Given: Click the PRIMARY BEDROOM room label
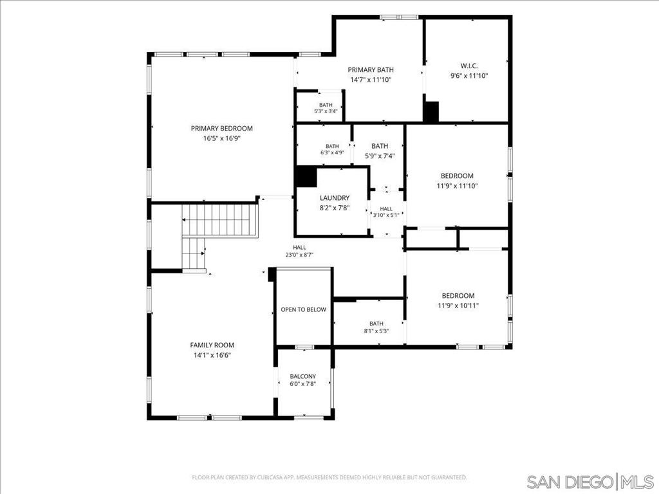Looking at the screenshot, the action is [221, 129].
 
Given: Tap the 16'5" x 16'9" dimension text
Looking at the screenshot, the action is [221, 139].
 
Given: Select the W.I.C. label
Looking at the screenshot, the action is [469, 66].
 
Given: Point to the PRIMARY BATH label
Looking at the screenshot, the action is [371, 69].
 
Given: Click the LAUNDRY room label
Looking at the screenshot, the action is [335, 198].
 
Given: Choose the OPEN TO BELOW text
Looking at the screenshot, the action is [304, 309].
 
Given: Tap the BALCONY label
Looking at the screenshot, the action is [302, 376].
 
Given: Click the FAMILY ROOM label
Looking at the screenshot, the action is [212, 345].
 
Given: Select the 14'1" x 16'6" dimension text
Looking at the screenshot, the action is [212, 355].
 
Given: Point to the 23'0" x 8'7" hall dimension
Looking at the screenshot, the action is [300, 255].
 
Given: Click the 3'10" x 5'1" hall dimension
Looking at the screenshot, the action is [386, 215].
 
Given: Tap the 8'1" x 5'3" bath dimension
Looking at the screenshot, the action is [376, 331].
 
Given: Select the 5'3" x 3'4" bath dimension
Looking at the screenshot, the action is [326, 111].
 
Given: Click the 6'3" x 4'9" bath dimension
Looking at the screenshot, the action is [332, 152].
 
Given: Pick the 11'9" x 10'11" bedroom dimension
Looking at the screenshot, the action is [458, 306].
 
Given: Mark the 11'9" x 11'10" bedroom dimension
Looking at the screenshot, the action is [458, 186].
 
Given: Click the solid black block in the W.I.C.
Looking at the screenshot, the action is [431, 112].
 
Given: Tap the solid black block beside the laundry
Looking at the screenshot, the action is [306, 177].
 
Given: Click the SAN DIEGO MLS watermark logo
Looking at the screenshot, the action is [590, 481].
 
